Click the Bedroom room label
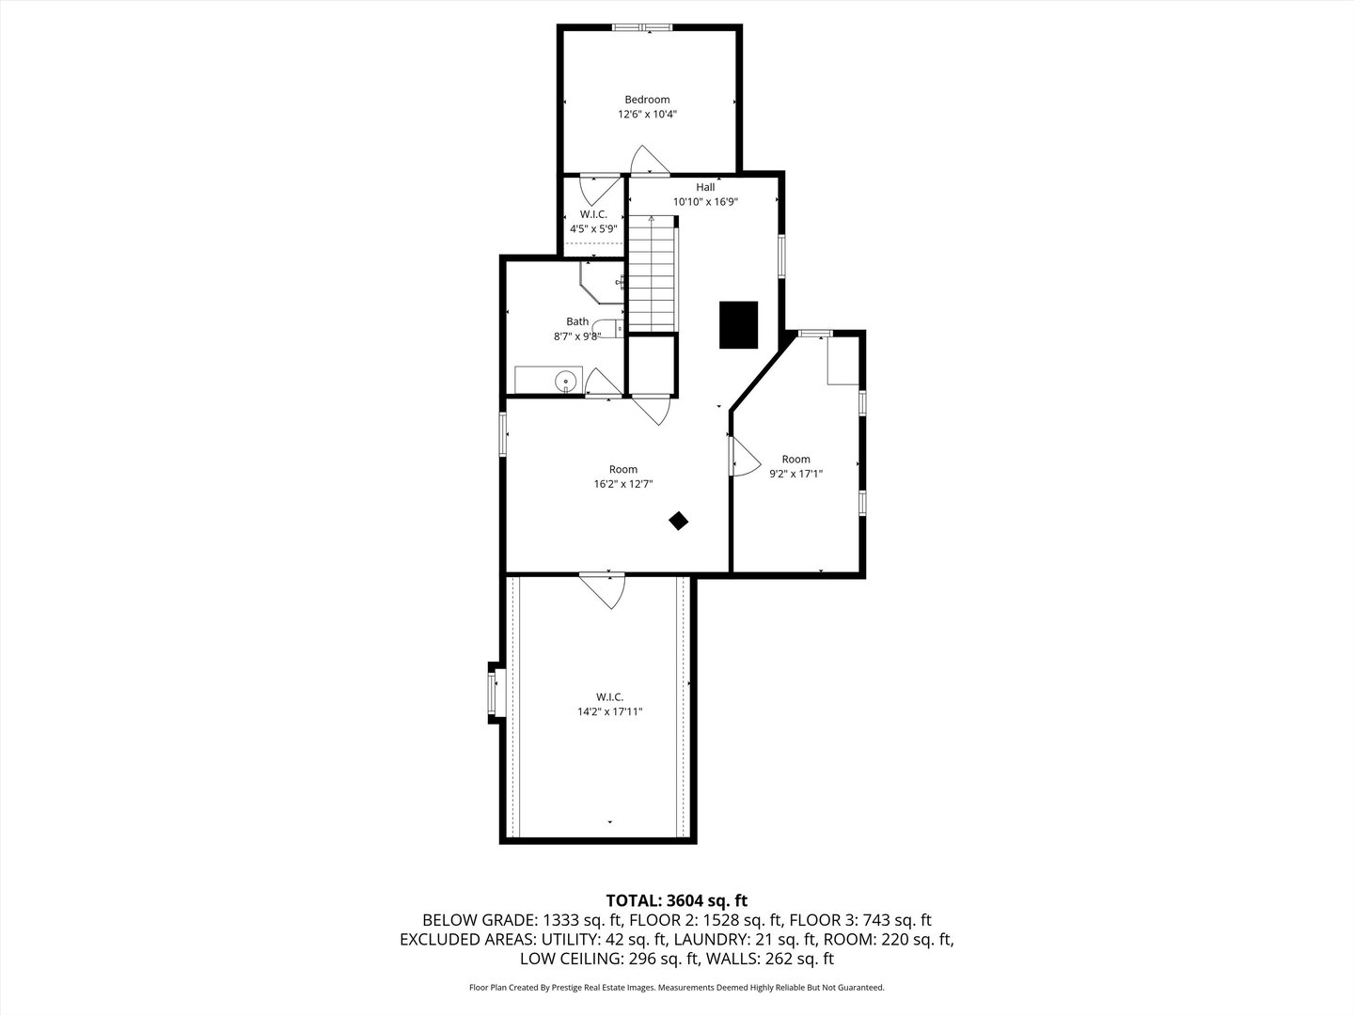(647, 100)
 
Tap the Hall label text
(705, 187)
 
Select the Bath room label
(577, 321)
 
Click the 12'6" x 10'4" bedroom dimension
(647, 115)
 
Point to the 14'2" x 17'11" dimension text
(609, 711)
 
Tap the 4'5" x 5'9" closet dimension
(593, 228)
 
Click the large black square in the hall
(739, 324)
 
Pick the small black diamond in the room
(678, 521)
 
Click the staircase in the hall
(653, 273)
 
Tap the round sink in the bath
(566, 381)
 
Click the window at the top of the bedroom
(642, 27)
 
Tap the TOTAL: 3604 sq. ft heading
(677, 901)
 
